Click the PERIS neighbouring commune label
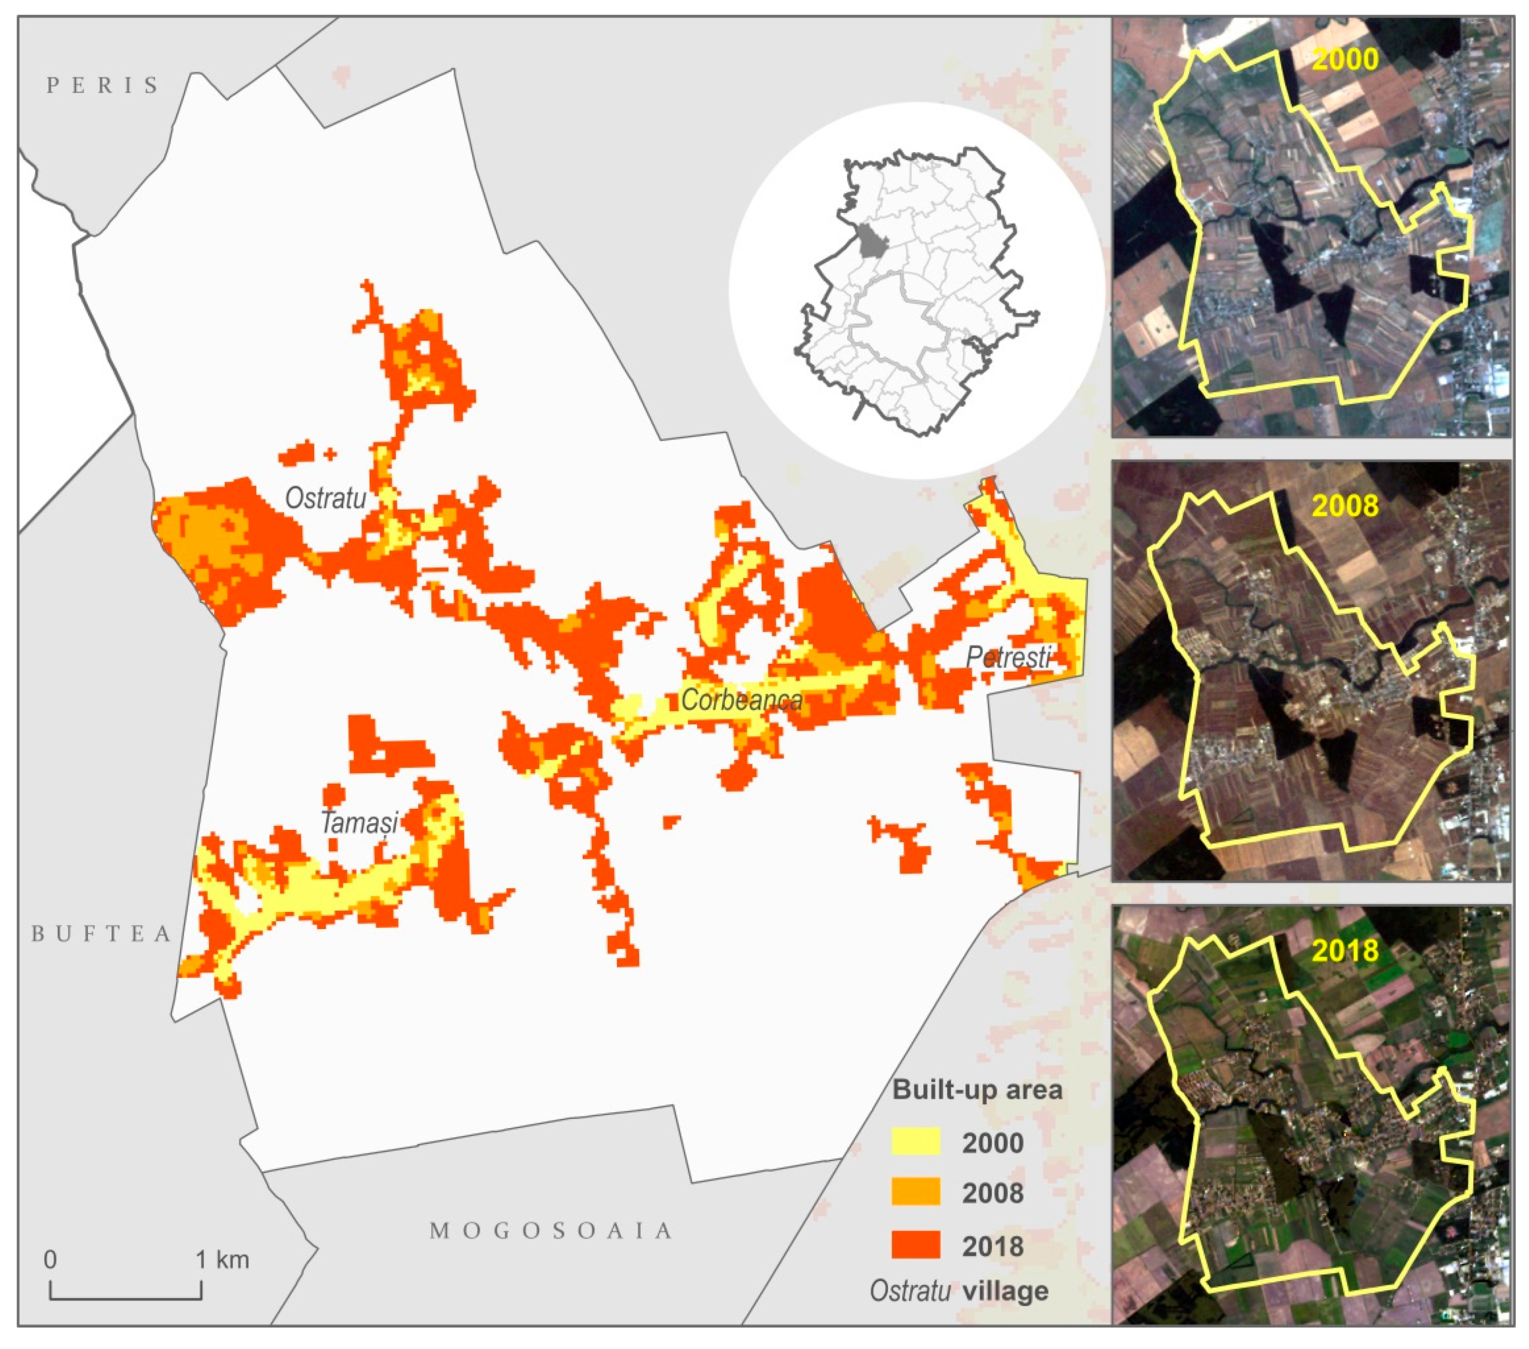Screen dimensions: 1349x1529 point(103,85)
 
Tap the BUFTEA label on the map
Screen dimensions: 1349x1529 point(102,934)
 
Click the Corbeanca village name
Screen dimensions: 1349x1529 point(742,700)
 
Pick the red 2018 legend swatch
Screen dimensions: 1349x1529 point(915,1246)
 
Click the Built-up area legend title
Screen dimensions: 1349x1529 point(977,1090)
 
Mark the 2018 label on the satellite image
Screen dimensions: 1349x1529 point(1345,950)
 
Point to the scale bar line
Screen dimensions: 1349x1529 point(126,1298)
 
